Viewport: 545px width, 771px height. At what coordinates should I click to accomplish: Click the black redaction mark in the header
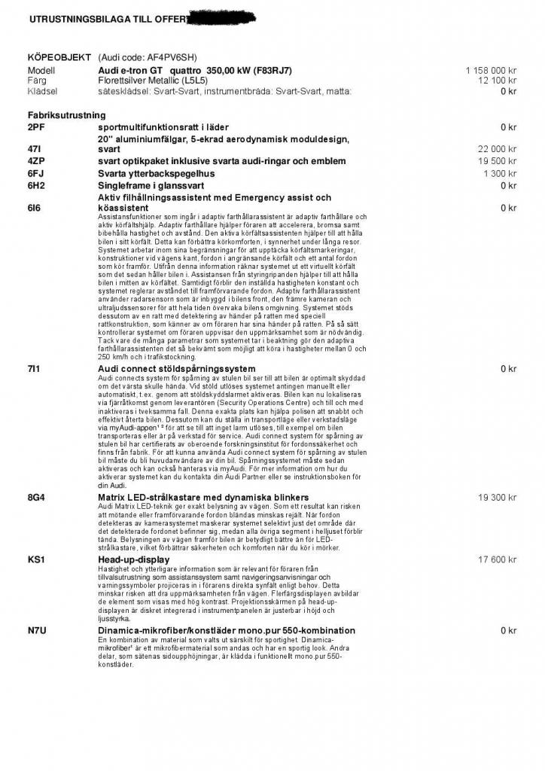[x=221, y=16]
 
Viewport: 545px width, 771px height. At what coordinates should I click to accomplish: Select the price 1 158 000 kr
[x=491, y=70]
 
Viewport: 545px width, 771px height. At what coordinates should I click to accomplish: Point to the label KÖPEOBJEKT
[x=59, y=57]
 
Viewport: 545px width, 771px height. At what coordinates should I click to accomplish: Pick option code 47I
[x=35, y=149]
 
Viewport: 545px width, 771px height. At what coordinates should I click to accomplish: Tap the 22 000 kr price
[x=497, y=149]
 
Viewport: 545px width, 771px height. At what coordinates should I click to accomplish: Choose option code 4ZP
[x=36, y=161]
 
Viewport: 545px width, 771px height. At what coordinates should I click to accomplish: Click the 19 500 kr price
[x=497, y=161]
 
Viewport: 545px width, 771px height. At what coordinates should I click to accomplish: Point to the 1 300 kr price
[x=500, y=173]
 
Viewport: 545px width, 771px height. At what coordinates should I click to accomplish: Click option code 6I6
[x=35, y=208]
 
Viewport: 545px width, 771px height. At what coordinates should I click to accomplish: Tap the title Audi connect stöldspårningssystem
[x=177, y=369]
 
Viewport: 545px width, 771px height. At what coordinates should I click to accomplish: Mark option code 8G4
[x=36, y=498]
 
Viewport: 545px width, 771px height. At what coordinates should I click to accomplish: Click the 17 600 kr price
[x=497, y=560]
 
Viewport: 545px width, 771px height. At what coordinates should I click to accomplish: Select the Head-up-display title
[x=134, y=560]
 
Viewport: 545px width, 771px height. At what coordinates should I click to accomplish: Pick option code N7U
[x=37, y=630]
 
